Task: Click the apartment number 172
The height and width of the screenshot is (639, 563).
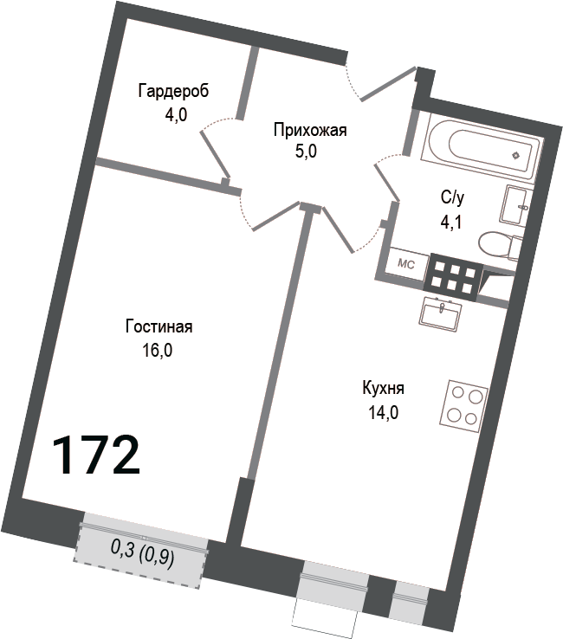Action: [96, 455]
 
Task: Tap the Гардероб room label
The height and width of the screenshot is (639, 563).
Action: [173, 91]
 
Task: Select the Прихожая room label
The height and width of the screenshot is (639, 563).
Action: [309, 131]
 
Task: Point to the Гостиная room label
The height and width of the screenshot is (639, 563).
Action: [159, 326]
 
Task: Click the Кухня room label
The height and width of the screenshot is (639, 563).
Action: [384, 388]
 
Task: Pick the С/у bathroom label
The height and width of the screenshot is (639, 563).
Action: [452, 197]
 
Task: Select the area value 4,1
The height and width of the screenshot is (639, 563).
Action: [451, 222]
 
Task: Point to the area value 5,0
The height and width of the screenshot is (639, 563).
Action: [307, 153]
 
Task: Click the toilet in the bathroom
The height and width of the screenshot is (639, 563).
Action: [501, 245]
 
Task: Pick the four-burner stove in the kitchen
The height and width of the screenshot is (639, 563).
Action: [464, 405]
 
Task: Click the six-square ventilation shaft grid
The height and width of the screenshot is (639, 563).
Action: [451, 276]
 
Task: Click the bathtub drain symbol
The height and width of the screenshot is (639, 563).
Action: [517, 156]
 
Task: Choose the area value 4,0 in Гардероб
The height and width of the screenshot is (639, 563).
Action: [177, 114]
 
